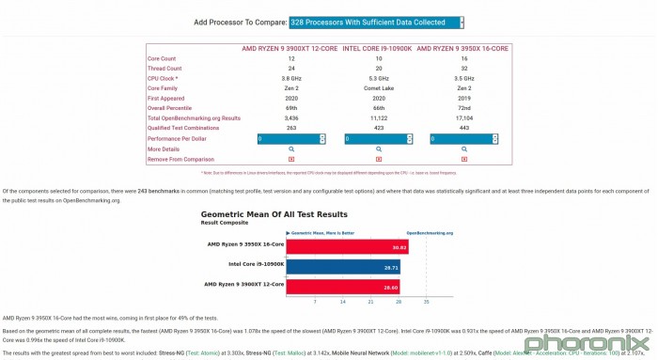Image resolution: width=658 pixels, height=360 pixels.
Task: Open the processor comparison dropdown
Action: coord(376,22)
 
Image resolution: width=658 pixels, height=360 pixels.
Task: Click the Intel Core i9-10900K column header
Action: coord(377,47)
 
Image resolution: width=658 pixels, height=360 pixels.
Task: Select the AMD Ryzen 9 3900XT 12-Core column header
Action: coord(290,47)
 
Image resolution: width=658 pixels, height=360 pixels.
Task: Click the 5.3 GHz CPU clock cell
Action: coord(377,78)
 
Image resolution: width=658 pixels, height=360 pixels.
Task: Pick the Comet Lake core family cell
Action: coord(377,88)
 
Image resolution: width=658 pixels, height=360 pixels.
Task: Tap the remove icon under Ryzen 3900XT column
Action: coord(290,159)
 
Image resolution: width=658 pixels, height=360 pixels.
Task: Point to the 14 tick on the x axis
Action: coord(342,302)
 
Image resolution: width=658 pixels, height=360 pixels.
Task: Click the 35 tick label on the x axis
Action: coord(426,302)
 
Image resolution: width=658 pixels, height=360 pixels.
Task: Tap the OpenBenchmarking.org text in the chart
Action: coord(430,232)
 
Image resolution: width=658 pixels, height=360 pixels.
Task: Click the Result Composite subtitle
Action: coord(225,223)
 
